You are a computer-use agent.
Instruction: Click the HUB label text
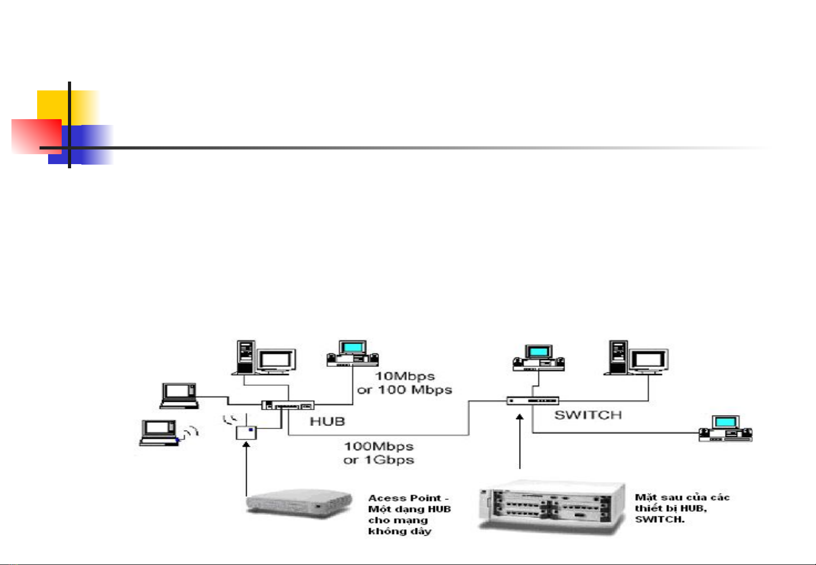(x=328, y=421)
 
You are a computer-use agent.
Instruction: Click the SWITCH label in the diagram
(x=588, y=415)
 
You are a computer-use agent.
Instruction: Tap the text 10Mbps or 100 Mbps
(x=404, y=383)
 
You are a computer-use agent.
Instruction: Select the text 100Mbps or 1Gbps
(x=379, y=453)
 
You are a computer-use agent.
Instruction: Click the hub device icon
(x=288, y=405)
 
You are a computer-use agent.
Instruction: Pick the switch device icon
(x=532, y=401)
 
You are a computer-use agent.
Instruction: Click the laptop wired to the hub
(x=178, y=395)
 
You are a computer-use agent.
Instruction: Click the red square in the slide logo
(x=36, y=136)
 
